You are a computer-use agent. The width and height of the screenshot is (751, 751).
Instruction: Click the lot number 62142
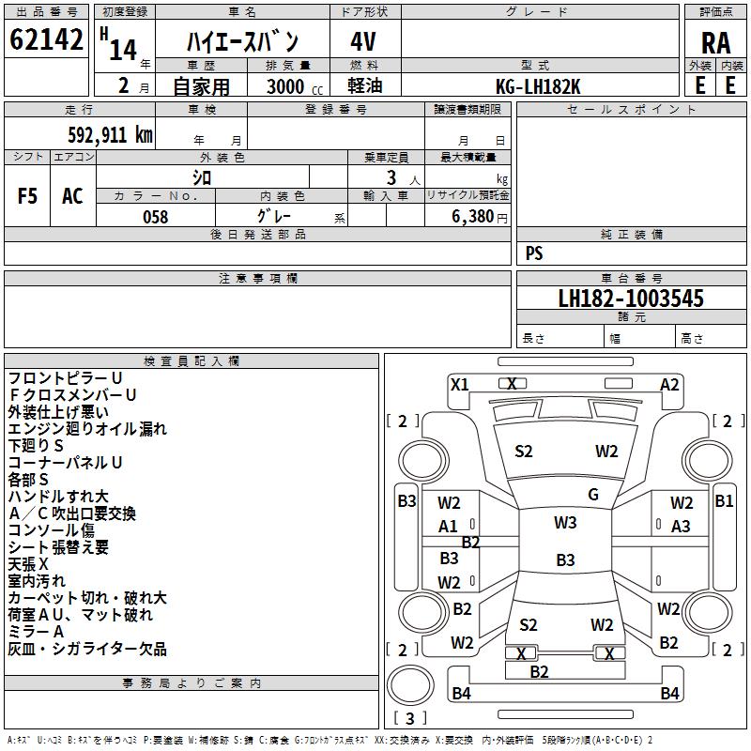click(46, 39)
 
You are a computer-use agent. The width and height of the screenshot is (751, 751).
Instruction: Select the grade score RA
click(715, 43)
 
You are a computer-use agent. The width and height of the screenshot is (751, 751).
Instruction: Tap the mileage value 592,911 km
click(110, 135)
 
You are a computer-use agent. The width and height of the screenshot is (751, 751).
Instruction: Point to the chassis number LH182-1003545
click(631, 299)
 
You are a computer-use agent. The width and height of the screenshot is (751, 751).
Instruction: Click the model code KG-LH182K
click(538, 86)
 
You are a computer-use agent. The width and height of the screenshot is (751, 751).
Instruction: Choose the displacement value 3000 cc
click(295, 86)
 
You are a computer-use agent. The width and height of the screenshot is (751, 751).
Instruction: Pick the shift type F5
click(27, 196)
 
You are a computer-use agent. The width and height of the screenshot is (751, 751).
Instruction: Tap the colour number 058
click(156, 217)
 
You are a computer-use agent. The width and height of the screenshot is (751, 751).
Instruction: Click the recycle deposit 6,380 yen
click(480, 217)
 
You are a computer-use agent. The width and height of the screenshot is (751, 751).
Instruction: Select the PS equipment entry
click(534, 253)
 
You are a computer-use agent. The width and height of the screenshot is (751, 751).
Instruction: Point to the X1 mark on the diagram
click(459, 384)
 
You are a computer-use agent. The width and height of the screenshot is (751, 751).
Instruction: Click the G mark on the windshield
click(593, 494)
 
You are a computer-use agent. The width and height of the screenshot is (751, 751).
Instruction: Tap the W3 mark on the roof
click(565, 522)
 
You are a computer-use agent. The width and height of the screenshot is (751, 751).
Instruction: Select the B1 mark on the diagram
click(724, 501)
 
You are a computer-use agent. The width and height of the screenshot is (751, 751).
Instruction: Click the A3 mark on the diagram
click(681, 527)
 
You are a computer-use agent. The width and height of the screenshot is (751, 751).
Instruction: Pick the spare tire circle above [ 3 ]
click(410, 685)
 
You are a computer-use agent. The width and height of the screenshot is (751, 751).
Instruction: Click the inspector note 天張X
click(28, 564)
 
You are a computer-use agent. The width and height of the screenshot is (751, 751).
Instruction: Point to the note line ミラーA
click(36, 632)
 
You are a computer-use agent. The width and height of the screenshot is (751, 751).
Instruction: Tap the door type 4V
click(363, 41)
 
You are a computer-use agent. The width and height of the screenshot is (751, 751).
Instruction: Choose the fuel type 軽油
click(365, 86)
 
